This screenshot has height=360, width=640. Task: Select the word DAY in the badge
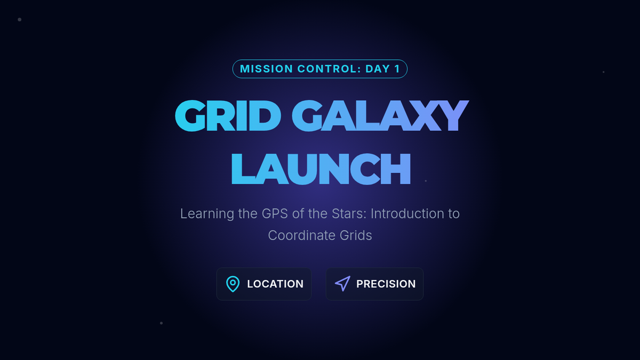(x=378, y=69)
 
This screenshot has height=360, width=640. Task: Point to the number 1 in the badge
(x=397, y=69)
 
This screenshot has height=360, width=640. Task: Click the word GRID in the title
(x=228, y=116)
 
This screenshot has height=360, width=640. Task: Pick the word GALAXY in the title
(x=380, y=116)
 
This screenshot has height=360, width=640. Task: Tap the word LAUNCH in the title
(x=321, y=169)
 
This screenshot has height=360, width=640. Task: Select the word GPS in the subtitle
(x=275, y=214)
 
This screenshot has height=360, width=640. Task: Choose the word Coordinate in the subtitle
(x=302, y=235)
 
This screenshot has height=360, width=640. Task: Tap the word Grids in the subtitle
(x=356, y=235)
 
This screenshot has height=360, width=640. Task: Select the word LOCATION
(x=275, y=284)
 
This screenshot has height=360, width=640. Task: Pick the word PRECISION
(x=386, y=284)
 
